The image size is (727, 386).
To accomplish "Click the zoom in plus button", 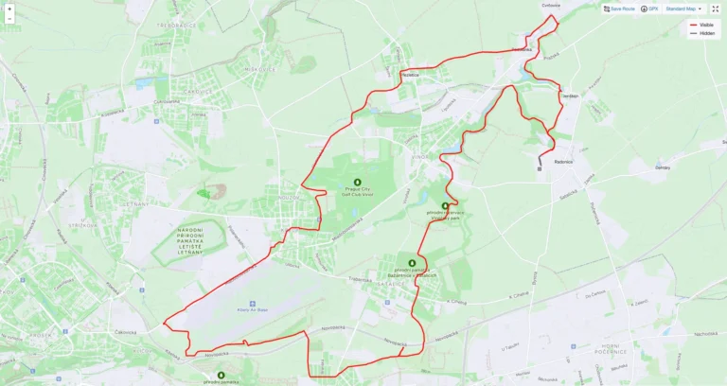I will pos(9,9).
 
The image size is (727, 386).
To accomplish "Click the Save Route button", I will pos(619,9).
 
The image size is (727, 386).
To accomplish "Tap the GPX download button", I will pos(649,9).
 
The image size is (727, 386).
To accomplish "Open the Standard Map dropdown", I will pos(683,9).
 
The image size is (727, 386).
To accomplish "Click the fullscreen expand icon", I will pos(716,9).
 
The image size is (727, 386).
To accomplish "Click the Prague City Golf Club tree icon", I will pos(358,182).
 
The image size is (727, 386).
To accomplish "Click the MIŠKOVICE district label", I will pos(231,69).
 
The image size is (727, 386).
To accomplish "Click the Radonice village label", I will pos(563,161).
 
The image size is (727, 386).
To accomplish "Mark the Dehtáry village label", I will pos(662,167).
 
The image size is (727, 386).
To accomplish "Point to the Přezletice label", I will pos(409,73).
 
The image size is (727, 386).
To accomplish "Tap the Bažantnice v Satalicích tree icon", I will pos(412,263).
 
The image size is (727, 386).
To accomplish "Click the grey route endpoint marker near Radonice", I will pos(539,169).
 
